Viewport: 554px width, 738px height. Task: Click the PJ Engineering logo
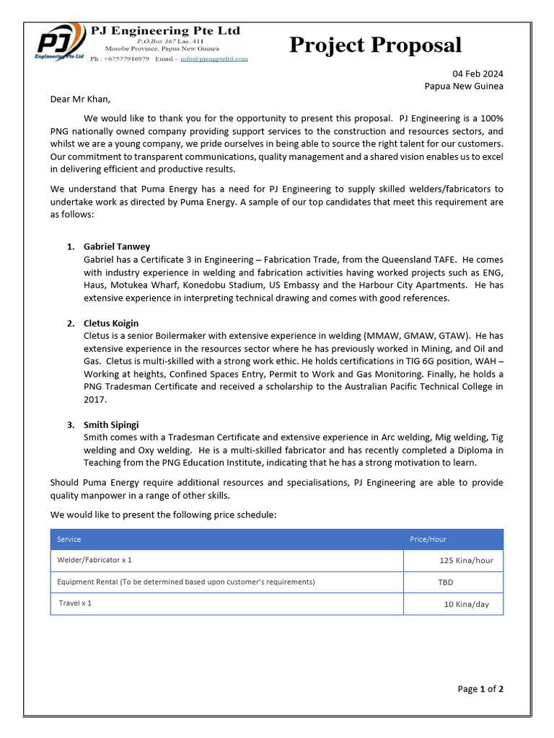[61, 44]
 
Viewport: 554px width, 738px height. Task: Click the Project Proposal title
[375, 45]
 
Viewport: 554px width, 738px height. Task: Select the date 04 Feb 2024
[478, 74]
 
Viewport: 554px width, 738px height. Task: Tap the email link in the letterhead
[214, 59]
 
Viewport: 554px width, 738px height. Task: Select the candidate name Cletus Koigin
[111, 324]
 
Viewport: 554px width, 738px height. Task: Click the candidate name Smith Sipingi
[111, 424]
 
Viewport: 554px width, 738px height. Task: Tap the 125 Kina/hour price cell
[466, 560]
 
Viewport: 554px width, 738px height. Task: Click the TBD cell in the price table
[446, 582]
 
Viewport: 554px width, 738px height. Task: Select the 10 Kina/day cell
[466, 604]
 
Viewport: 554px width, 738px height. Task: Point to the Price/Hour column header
[428, 539]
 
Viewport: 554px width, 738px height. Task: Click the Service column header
[69, 539]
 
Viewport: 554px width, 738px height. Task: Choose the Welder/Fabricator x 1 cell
[94, 559]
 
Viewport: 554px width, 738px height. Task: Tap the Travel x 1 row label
[75, 603]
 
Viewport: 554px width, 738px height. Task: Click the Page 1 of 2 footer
[480, 689]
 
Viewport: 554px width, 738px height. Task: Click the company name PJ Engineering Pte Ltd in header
[165, 31]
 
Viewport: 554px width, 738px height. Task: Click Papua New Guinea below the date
[464, 86]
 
